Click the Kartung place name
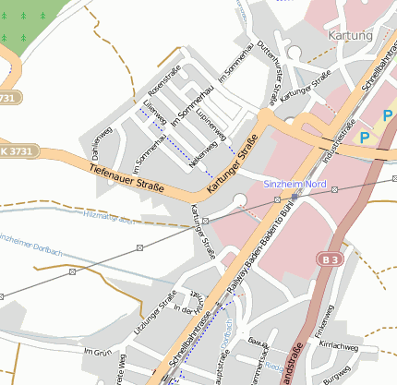click(x=350, y=35)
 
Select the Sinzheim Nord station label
click(x=295, y=185)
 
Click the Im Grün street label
click(x=97, y=353)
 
